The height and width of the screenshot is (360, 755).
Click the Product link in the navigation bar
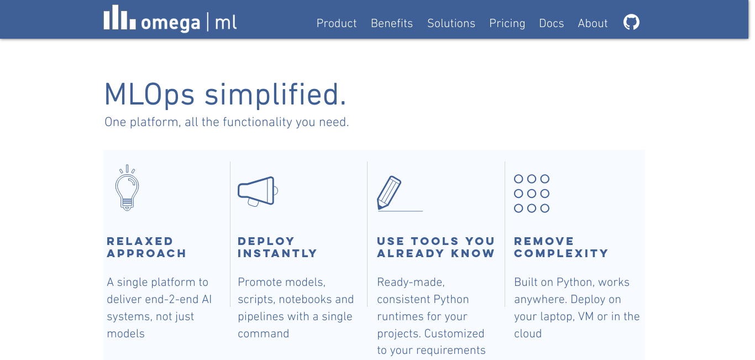[337, 23]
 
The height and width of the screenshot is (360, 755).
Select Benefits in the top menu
[392, 23]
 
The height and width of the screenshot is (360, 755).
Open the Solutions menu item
[451, 23]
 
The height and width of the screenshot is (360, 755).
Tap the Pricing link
[507, 24]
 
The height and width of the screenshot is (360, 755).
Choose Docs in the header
[551, 23]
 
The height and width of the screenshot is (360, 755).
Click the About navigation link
[593, 23]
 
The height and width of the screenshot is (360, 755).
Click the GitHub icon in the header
[631, 22]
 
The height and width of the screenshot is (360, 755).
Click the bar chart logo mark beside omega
[119, 17]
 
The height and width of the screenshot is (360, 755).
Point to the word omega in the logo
[171, 23]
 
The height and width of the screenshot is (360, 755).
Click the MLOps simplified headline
[225, 95]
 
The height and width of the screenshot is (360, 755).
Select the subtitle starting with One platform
[227, 122]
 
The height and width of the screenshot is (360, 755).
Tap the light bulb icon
[127, 188]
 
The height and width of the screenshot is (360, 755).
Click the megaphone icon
[258, 191]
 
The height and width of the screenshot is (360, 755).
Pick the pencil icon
[389, 192]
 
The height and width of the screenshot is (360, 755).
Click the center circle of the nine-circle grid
[532, 194]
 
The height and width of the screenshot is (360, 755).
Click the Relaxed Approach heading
[146, 247]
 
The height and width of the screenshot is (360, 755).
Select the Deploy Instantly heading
[277, 247]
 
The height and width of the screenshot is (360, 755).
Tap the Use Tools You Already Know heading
[436, 247]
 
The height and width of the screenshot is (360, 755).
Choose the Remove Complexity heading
[561, 247]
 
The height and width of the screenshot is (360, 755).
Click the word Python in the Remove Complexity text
[574, 283]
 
